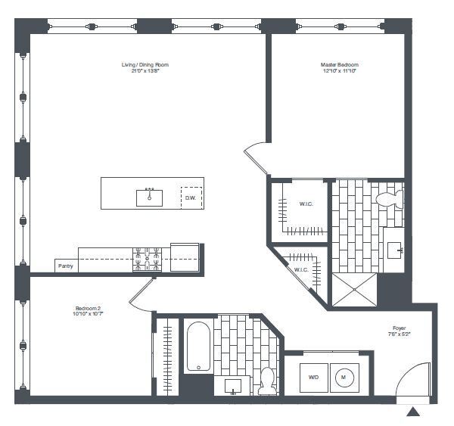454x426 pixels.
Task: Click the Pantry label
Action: click(x=66, y=266)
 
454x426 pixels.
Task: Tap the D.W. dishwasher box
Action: click(x=191, y=198)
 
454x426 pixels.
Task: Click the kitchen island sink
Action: click(x=149, y=197)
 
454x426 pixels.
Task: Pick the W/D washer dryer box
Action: click(x=313, y=377)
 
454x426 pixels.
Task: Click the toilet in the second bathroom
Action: click(x=266, y=381)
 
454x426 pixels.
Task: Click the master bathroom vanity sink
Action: click(x=393, y=250)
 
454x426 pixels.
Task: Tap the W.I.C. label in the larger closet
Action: click(x=306, y=204)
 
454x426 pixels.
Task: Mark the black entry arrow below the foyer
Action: click(x=413, y=412)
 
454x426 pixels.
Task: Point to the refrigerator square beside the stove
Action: click(x=185, y=257)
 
